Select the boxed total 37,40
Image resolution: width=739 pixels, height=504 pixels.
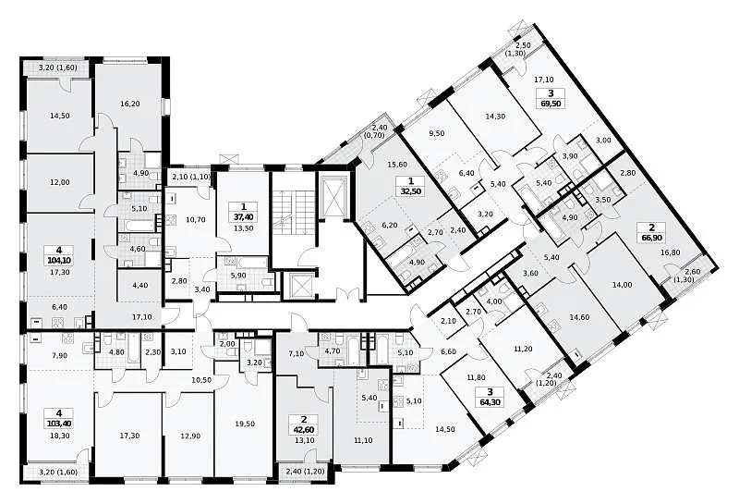click(x=243, y=216)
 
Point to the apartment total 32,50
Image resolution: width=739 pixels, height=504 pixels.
click(x=411, y=192)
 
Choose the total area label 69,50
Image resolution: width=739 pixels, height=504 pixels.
click(x=551, y=104)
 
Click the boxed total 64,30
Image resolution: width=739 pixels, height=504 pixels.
click(x=491, y=402)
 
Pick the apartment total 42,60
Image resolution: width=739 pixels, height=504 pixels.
click(x=303, y=430)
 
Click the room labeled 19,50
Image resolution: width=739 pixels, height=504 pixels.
click(x=246, y=424)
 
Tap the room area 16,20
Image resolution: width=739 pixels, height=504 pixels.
click(x=129, y=104)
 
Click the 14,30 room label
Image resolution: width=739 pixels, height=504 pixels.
click(x=495, y=117)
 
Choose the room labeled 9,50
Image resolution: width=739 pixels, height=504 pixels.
click(x=438, y=133)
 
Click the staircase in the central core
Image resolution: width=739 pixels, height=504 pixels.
click(x=292, y=213)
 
